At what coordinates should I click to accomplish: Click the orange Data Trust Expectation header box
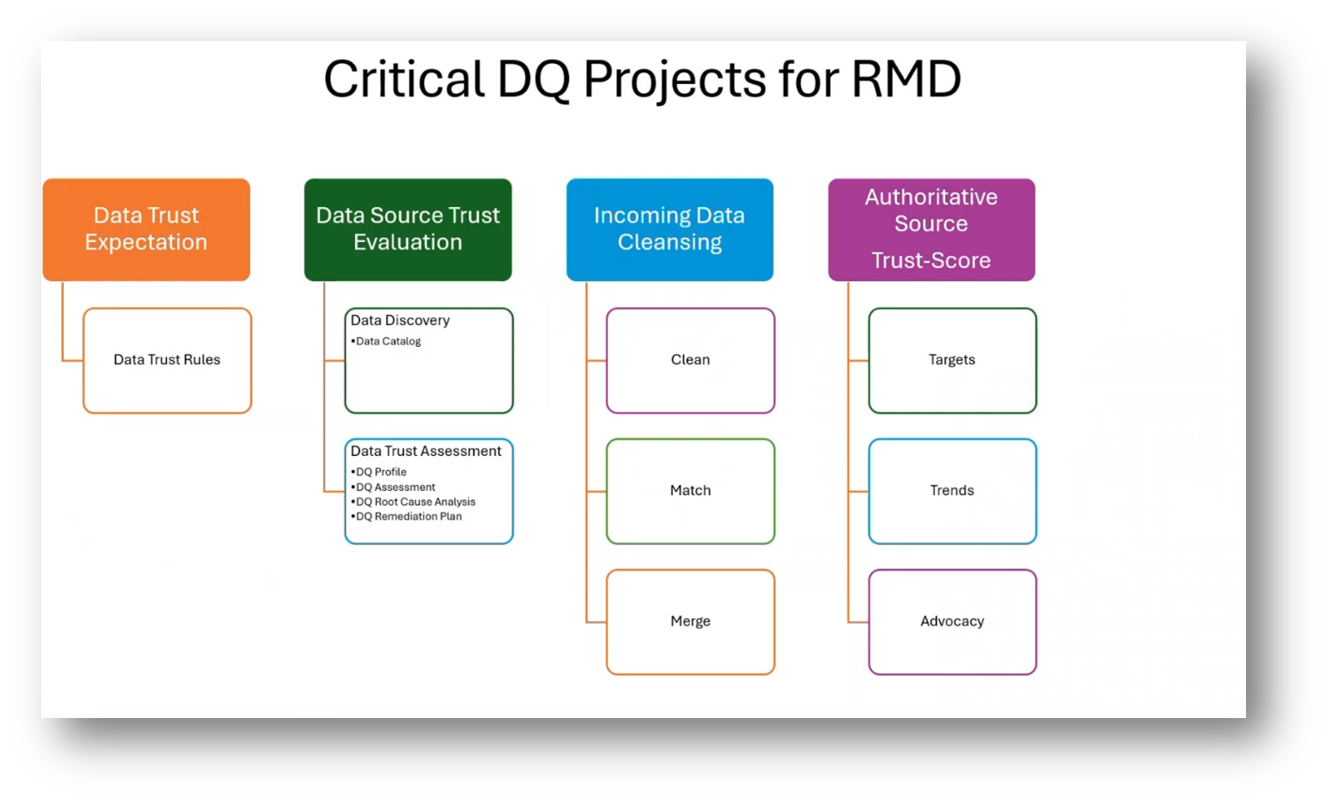click(x=146, y=229)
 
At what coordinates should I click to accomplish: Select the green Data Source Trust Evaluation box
click(x=408, y=229)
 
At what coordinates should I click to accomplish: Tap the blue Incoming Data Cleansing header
click(x=669, y=229)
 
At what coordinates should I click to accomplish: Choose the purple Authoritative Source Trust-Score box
click(x=931, y=229)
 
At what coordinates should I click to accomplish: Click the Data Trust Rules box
click(x=167, y=360)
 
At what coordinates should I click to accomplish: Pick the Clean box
click(x=690, y=360)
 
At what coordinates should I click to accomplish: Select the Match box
click(x=690, y=491)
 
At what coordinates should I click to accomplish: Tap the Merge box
click(x=690, y=621)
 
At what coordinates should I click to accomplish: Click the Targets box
click(x=952, y=360)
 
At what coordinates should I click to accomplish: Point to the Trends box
click(x=952, y=491)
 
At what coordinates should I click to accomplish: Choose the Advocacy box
click(x=952, y=621)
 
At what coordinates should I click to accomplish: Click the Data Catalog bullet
click(x=388, y=342)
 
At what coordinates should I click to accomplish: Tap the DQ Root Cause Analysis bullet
click(x=415, y=501)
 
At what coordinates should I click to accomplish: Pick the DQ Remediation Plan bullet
click(x=408, y=516)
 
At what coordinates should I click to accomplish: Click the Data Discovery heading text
click(x=400, y=321)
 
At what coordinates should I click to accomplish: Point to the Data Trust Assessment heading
click(x=426, y=451)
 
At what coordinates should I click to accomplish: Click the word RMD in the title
click(x=906, y=79)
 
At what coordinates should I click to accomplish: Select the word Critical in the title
click(x=404, y=79)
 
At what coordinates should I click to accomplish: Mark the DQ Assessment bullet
click(x=395, y=487)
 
